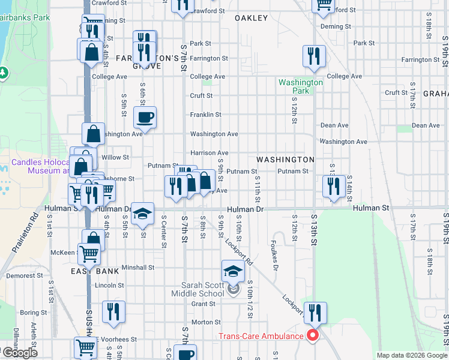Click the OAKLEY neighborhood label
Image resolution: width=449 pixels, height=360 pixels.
point(250,18)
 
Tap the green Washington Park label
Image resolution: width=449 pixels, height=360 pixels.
point(301,86)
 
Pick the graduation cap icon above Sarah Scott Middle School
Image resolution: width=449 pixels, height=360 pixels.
point(233,272)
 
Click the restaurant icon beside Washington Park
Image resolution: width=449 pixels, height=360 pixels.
point(314,57)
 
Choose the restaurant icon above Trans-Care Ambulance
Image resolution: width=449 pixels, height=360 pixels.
point(315,313)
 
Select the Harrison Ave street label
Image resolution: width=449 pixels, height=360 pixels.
point(209,153)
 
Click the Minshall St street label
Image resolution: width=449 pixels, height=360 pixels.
point(138,267)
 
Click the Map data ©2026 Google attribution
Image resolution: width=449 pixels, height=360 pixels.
point(411,356)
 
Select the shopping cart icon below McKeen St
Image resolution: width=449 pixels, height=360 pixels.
point(89,254)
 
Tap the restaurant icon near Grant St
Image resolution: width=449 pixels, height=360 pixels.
point(113,312)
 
